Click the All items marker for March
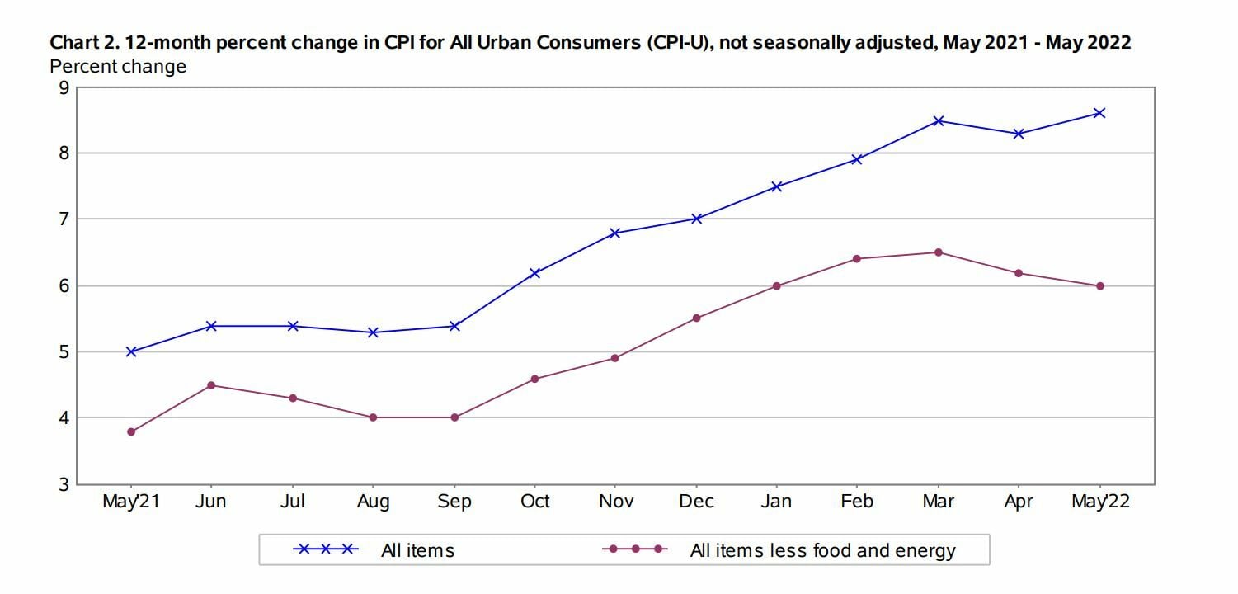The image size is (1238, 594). (938, 120)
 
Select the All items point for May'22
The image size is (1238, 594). (1099, 113)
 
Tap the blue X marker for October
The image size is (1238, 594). (534, 273)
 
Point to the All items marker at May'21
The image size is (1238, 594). (131, 351)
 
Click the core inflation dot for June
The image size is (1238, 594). (212, 385)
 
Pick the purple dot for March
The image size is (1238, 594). (938, 252)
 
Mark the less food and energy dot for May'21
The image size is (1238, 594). (131, 431)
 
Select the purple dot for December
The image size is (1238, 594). (696, 318)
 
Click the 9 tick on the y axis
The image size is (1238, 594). (64, 87)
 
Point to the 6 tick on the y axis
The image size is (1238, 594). (64, 286)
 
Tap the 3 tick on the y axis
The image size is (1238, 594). (64, 484)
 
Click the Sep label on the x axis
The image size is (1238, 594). (454, 502)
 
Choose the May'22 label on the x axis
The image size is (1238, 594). (1100, 502)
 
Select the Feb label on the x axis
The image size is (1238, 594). (857, 502)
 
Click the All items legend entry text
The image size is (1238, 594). (417, 550)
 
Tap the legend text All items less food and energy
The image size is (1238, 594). (822, 550)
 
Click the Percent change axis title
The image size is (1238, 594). (118, 66)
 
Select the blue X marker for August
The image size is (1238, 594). (374, 332)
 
